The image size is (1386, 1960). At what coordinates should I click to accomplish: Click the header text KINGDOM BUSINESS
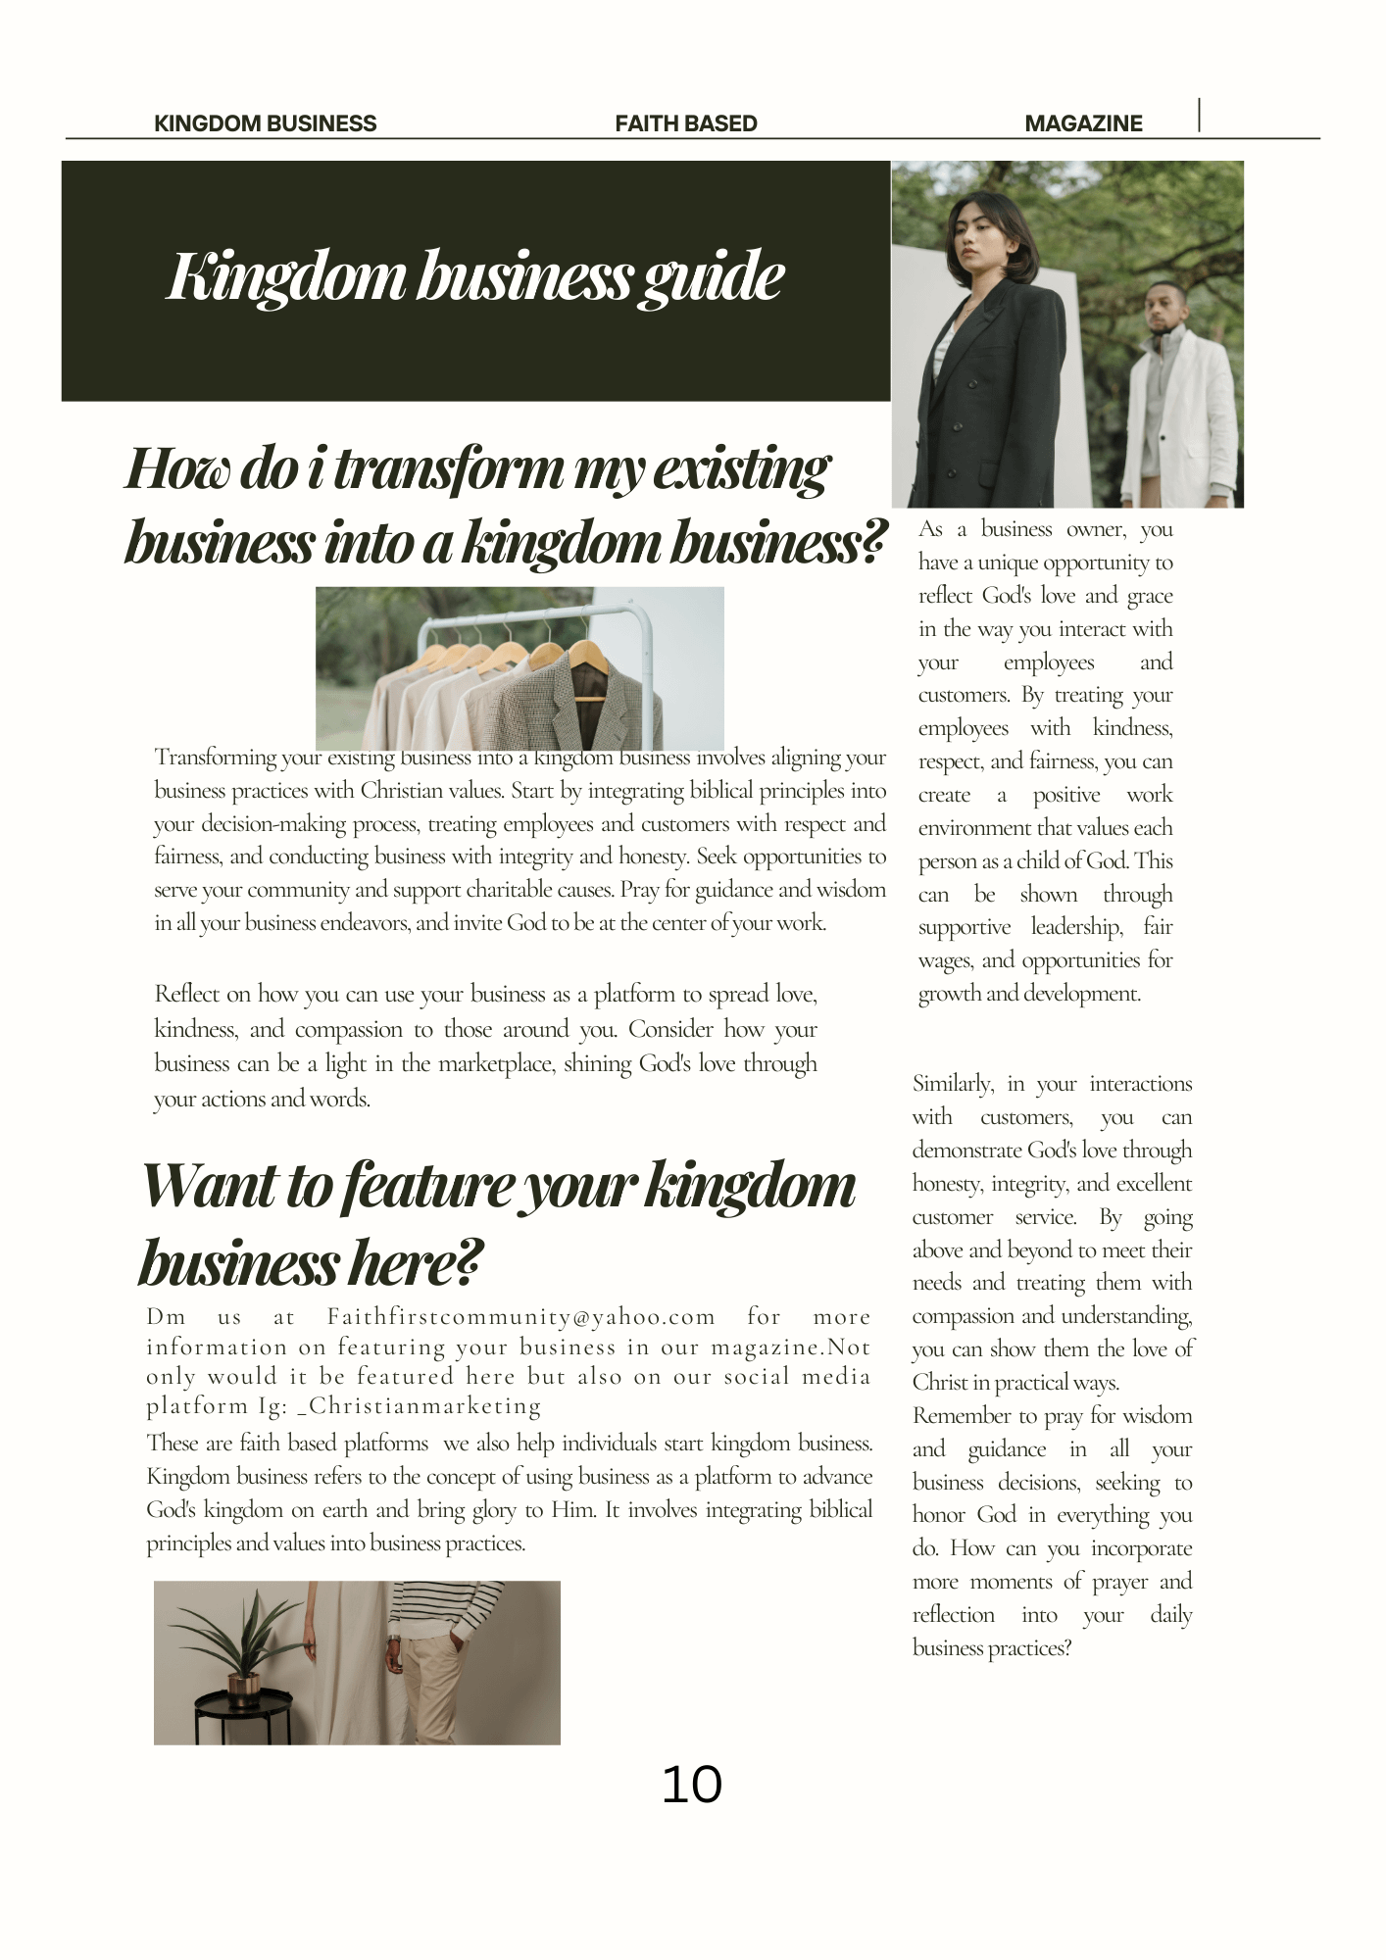pos(265,123)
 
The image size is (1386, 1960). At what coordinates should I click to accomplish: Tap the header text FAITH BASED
pos(685,123)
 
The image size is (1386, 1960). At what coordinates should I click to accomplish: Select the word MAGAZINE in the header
pos(1083,123)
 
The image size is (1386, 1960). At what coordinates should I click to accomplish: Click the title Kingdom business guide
pos(475,276)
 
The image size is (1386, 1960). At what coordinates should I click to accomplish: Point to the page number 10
pos(691,1785)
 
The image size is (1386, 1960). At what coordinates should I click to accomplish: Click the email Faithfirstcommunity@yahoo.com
pos(520,1316)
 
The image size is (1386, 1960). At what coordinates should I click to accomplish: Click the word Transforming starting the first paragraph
pos(215,758)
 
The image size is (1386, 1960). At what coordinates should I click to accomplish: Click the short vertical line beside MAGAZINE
pos(1199,115)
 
